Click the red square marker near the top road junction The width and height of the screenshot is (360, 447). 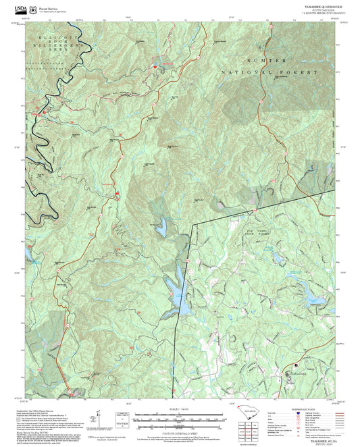[x=155, y=67]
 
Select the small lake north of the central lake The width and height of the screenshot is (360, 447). [x=163, y=230]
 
